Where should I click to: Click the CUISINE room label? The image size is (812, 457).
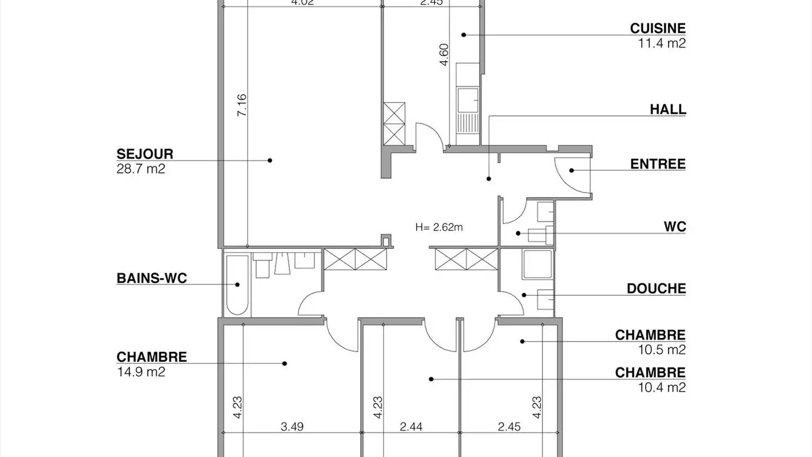click(657, 28)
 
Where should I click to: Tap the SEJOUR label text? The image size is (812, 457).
click(145, 154)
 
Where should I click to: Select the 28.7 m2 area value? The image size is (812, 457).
click(140, 169)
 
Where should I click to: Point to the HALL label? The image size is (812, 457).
click(668, 109)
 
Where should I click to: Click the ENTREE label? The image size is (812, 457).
click(657, 164)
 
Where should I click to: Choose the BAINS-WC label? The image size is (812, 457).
click(151, 278)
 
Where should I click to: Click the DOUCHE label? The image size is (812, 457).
click(656, 289)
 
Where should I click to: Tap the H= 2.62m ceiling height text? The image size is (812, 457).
click(439, 227)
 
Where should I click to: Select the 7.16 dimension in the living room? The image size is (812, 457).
click(241, 106)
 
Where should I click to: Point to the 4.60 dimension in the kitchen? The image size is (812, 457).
click(444, 55)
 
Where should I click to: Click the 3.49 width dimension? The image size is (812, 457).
click(292, 427)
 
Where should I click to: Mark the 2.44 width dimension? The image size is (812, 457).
click(411, 427)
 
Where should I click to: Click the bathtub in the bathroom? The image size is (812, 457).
click(237, 285)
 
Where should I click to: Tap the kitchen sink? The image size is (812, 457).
click(468, 100)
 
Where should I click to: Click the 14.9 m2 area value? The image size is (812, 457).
click(140, 372)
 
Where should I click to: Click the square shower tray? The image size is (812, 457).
click(537, 264)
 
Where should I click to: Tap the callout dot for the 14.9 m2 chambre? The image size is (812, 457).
click(285, 364)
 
